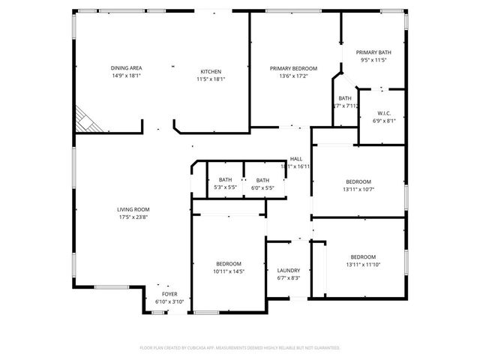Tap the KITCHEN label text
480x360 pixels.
click(211, 71)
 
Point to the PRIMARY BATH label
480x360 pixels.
click(373, 52)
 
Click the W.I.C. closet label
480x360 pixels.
click(383, 113)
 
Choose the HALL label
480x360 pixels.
click(296, 159)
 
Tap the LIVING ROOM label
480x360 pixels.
click(133, 209)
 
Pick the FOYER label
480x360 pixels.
click(169, 294)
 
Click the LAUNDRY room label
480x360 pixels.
click(289, 271)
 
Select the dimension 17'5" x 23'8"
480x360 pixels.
click(133, 217)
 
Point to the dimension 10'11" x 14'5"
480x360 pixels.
click(229, 271)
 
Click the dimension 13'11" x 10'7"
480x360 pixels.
click(358, 190)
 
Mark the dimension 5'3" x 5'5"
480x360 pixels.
click(225, 187)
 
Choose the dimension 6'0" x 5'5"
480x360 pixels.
click(262, 187)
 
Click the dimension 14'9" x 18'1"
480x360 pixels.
click(127, 76)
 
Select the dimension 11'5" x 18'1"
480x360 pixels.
click(211, 79)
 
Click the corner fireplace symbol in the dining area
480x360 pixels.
click(84, 120)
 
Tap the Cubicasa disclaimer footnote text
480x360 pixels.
click(240, 348)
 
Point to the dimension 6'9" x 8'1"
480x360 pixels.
click(383, 121)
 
